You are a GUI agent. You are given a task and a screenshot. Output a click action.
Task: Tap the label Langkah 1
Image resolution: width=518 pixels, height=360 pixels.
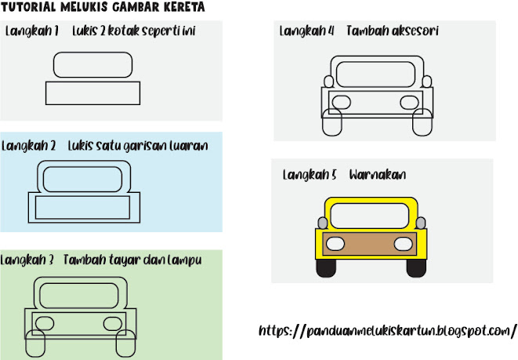pos(32,31)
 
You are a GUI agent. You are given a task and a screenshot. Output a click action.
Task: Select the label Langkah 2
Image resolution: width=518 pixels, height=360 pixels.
pos(29,145)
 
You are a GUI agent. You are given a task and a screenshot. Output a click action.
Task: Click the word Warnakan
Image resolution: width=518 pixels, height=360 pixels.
pos(378,174)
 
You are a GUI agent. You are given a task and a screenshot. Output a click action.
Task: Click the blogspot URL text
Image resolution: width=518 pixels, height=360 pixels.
pos(387,330)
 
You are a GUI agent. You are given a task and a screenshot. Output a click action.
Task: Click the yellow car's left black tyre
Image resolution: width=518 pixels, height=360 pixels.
pos(325,268)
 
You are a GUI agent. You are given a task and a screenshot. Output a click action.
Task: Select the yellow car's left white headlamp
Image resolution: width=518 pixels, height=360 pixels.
pos(333,242)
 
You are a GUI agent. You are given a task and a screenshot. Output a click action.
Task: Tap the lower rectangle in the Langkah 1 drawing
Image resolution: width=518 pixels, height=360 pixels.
pos(94,93)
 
